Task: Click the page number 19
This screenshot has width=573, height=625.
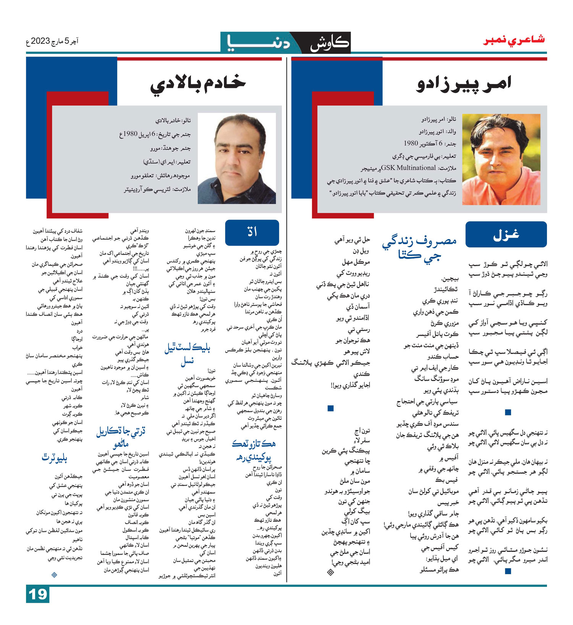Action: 38,594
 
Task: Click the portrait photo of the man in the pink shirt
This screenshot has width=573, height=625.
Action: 501,159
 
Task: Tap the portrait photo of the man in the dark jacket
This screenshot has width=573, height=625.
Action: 237,158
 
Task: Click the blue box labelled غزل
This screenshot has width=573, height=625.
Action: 506,234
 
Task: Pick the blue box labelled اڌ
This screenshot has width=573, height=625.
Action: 252,232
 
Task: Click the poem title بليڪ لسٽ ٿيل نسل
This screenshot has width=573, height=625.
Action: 187,354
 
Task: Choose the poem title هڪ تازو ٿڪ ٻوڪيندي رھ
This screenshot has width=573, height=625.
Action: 253,450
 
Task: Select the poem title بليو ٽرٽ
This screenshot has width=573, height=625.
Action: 54,458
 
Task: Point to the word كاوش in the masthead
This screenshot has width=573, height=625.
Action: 329,43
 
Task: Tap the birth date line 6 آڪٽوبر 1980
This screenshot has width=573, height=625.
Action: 430,144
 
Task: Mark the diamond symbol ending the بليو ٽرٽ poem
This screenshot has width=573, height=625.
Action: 54,575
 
